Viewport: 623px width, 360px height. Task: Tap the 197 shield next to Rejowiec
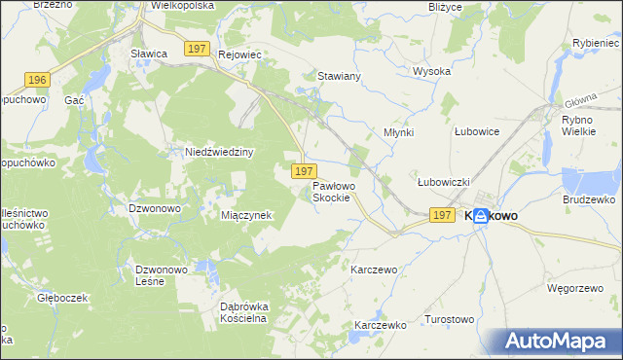199,49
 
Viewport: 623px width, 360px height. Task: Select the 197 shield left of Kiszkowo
441,215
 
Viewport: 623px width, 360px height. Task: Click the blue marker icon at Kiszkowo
481,218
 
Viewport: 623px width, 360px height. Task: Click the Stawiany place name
340,75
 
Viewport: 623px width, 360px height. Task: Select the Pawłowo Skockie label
340,191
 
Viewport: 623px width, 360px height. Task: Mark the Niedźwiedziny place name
219,152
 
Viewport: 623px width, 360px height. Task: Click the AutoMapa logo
563,342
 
